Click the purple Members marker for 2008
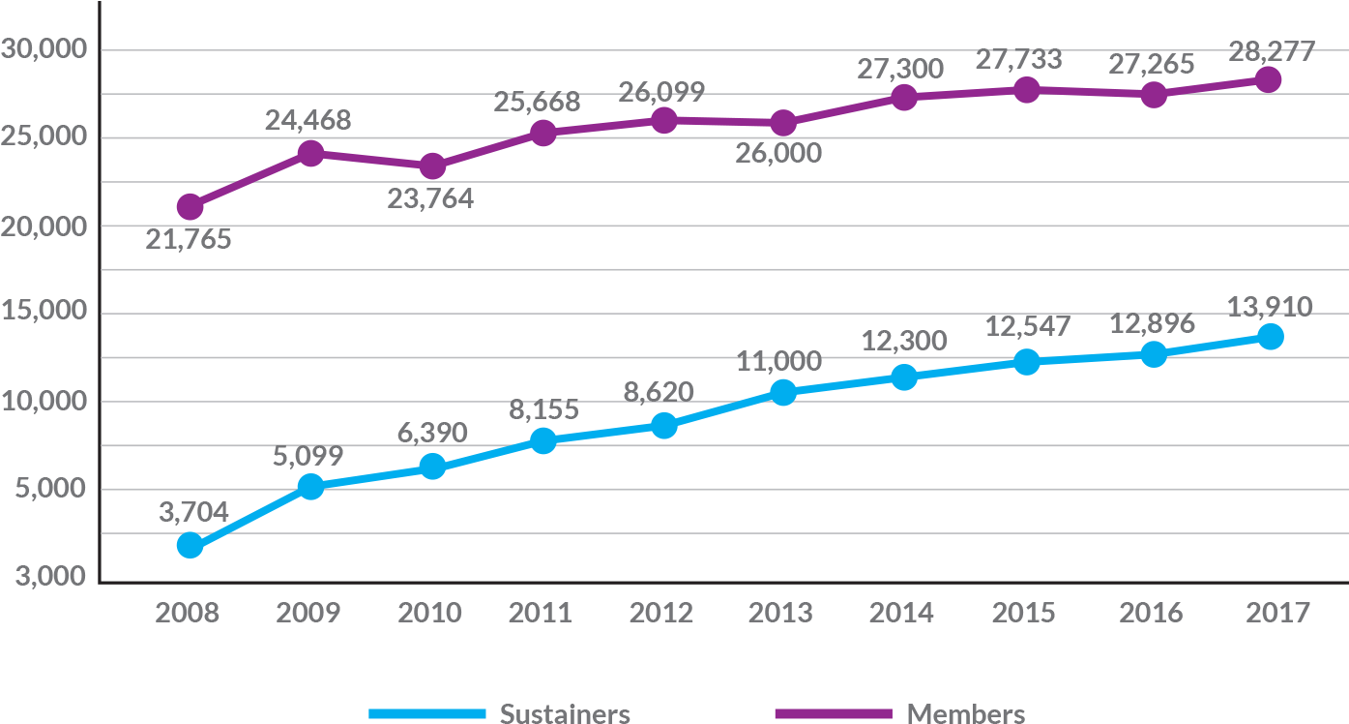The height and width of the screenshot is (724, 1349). (x=191, y=206)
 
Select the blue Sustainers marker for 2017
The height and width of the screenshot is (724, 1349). (x=1270, y=336)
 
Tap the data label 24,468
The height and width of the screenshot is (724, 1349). (x=308, y=121)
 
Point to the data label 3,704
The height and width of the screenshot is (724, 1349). (x=193, y=512)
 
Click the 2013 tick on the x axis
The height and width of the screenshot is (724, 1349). (x=782, y=613)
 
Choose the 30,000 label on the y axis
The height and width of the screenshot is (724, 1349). (x=45, y=48)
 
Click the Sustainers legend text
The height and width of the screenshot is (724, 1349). (x=565, y=713)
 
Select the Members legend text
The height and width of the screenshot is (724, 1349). (x=965, y=713)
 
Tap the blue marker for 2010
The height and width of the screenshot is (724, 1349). (x=432, y=467)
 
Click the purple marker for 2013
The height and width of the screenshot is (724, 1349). (x=783, y=123)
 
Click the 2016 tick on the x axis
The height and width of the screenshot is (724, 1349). (x=1150, y=613)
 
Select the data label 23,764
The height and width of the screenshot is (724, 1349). (x=431, y=198)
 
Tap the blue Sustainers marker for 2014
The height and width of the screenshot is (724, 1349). (x=904, y=377)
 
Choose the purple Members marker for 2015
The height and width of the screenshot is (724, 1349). (x=1027, y=89)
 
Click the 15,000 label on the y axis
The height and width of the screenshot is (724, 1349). (x=45, y=312)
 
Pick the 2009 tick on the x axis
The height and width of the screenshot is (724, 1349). (x=308, y=613)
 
